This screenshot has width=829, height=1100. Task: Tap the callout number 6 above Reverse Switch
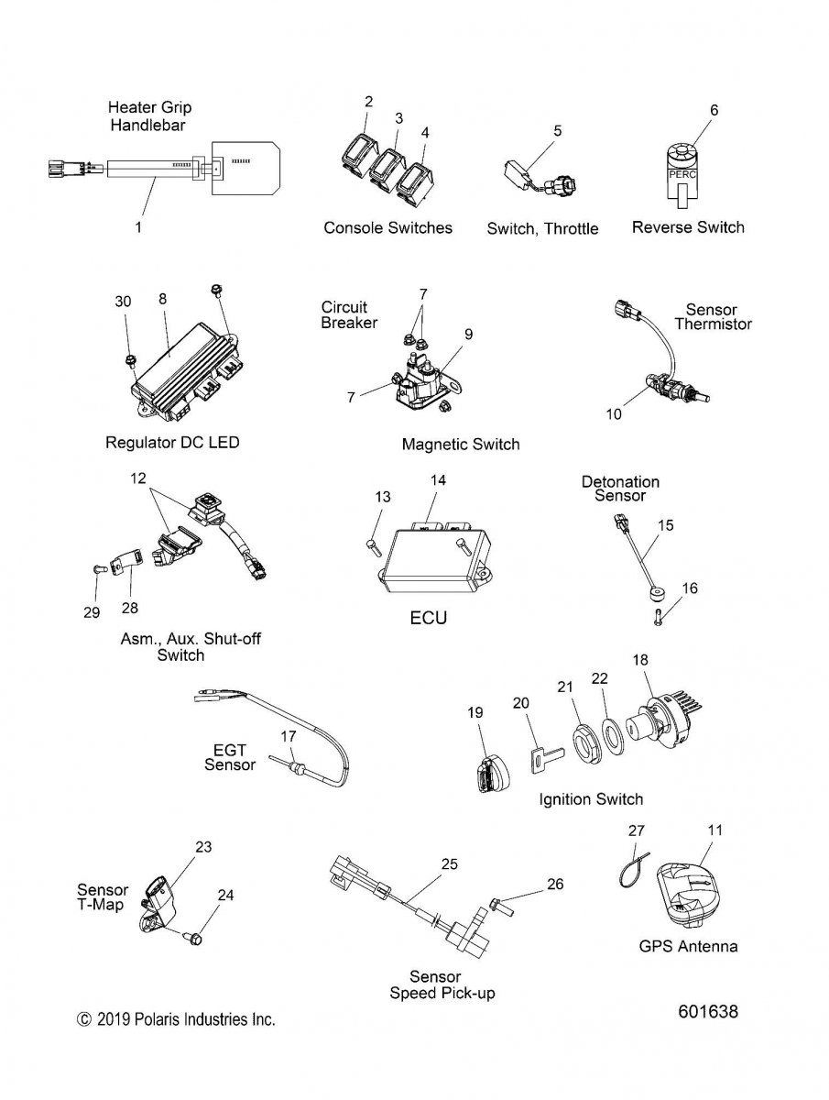(x=714, y=110)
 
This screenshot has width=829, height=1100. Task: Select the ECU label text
(x=428, y=619)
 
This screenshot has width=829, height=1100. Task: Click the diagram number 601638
(x=708, y=1012)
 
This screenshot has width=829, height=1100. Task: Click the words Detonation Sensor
(x=620, y=489)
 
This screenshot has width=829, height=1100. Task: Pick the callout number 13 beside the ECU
(x=383, y=497)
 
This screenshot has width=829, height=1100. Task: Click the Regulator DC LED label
(x=172, y=443)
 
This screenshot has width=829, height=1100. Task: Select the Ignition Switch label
(x=591, y=799)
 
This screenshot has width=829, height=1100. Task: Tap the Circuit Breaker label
(x=349, y=314)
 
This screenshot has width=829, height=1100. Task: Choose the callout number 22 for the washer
(x=599, y=678)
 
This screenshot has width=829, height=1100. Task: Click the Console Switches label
(x=387, y=227)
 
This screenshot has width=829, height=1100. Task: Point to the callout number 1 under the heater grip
(x=138, y=227)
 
